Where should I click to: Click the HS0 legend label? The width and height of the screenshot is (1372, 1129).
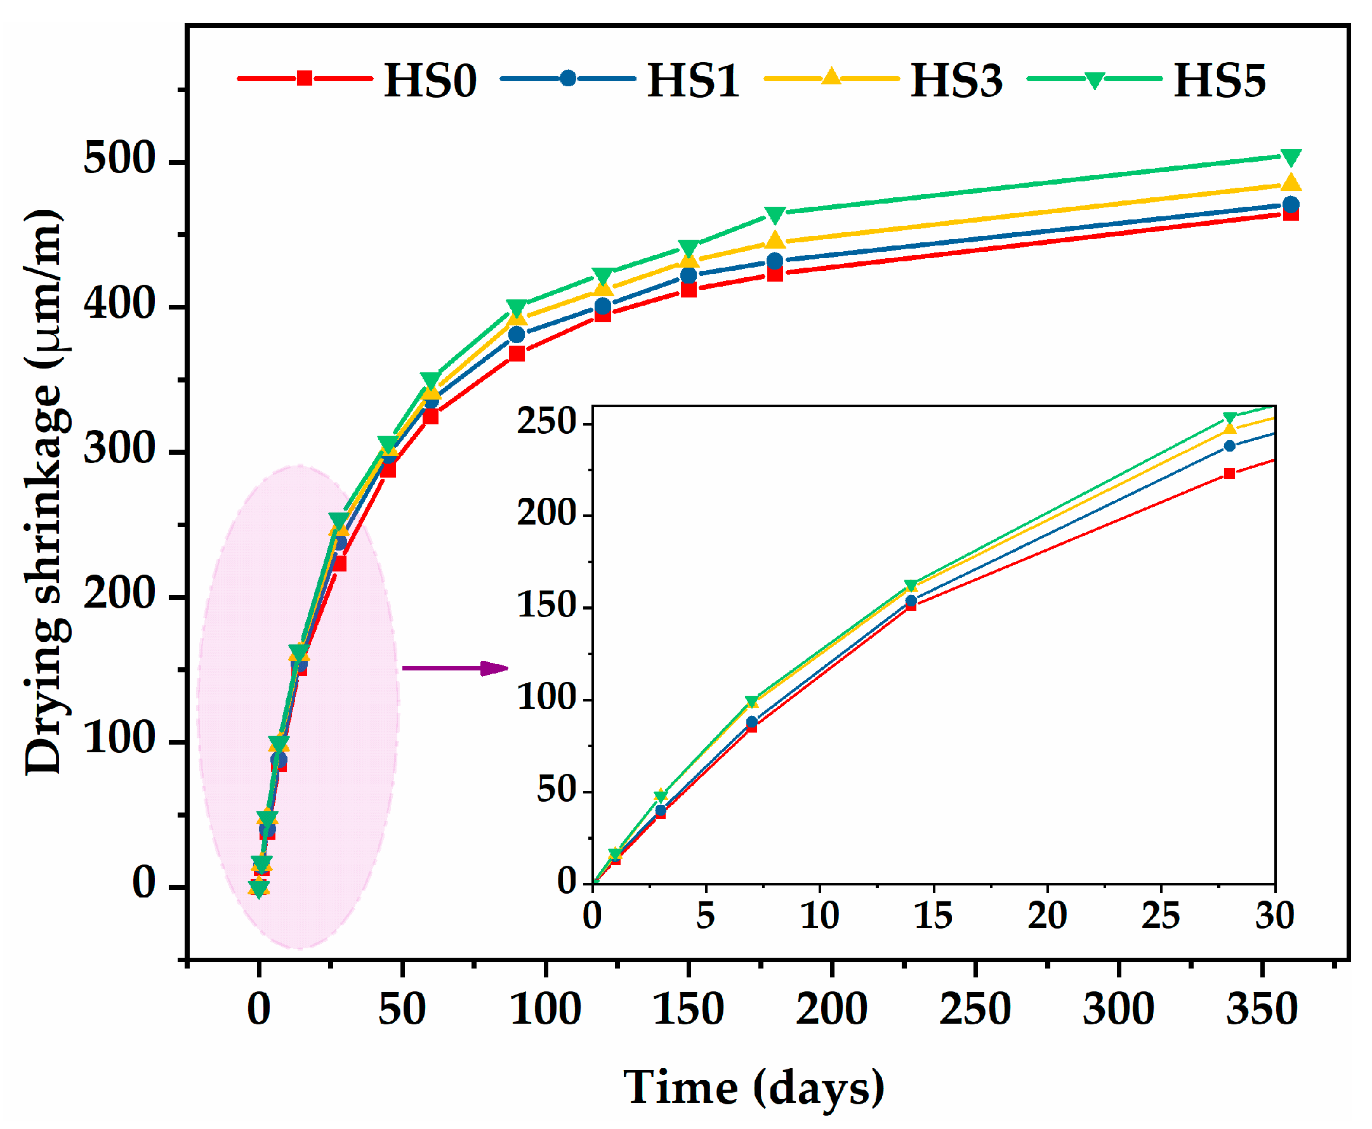point(430,81)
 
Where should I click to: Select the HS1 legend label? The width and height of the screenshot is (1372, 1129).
point(693,81)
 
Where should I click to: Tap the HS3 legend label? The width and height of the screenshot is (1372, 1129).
point(956,81)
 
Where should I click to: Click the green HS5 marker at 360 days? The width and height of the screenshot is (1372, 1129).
point(1291,157)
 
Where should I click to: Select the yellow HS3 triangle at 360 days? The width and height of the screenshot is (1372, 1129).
point(1291,183)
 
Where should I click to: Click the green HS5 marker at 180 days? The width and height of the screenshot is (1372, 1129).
point(775,214)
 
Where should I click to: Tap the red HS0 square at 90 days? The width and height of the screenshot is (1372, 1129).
point(517,353)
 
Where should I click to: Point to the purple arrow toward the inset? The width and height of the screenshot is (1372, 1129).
point(455,668)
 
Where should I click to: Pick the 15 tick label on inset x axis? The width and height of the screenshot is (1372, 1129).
point(932,916)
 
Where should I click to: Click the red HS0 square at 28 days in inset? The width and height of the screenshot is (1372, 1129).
point(1229,473)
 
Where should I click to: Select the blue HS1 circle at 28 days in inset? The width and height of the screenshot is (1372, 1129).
point(1229,446)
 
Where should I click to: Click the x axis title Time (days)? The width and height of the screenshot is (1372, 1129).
point(753,1087)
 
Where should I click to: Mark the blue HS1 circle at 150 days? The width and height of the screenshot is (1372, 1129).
point(689,275)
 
